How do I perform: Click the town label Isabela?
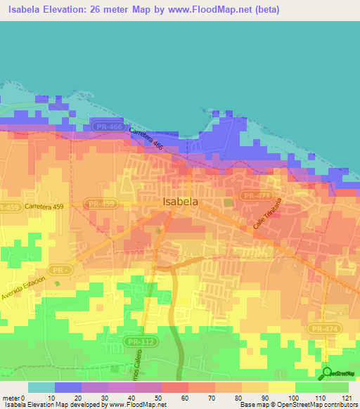coord(180,201)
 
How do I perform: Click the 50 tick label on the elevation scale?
coord(161,398)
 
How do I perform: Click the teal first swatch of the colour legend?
coord(41,387)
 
